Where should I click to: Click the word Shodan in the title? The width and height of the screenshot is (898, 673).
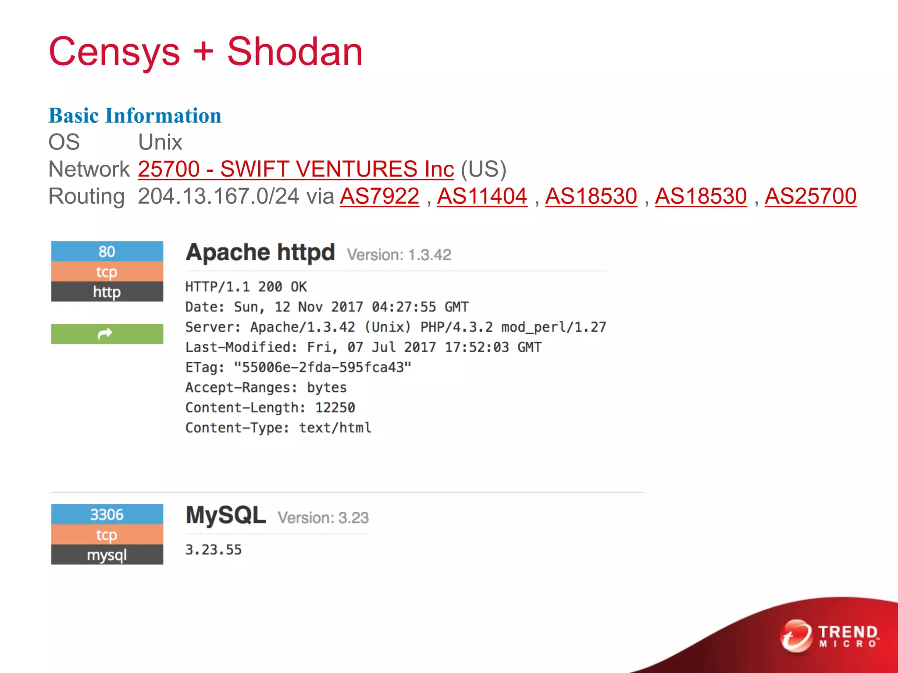tap(295, 52)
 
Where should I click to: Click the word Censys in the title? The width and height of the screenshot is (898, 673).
tap(114, 52)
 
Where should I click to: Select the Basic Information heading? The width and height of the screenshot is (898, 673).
tap(135, 116)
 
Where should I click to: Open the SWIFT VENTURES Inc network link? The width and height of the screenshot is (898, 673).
tap(296, 169)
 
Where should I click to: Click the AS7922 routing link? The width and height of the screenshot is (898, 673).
tap(379, 196)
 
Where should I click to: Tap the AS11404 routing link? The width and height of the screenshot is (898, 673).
tap(482, 196)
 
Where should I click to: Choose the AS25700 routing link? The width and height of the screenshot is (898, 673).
tap(810, 196)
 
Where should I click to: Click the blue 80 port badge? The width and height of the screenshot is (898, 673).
tap(107, 251)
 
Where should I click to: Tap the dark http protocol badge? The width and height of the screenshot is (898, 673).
tap(107, 292)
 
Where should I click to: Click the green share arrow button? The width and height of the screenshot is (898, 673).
tap(107, 334)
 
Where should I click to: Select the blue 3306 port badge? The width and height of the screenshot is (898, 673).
tap(107, 514)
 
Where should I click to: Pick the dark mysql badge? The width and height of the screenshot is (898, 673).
tap(107, 555)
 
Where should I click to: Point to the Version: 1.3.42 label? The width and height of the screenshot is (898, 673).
tap(399, 255)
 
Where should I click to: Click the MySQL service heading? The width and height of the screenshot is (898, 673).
tap(226, 515)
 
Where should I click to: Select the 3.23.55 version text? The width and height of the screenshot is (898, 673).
tap(214, 550)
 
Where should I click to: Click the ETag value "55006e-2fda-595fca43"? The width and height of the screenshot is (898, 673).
tap(322, 367)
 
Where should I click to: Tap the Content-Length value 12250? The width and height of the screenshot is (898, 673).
tap(335, 407)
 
